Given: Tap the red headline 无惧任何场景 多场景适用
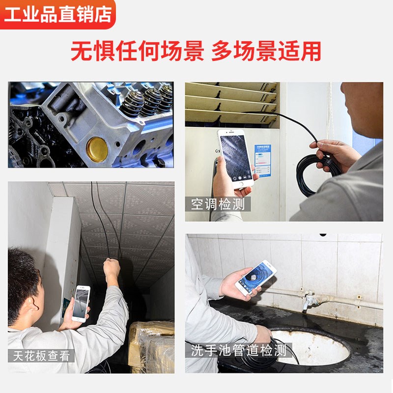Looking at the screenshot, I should [196, 52].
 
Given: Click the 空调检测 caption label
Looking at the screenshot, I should [218, 203].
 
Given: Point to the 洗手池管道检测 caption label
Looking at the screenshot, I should [238, 350].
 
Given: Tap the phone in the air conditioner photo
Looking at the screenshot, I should [235, 158].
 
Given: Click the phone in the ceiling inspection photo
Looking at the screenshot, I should [82, 303].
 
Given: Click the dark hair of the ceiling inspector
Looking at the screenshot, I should [22, 280].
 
